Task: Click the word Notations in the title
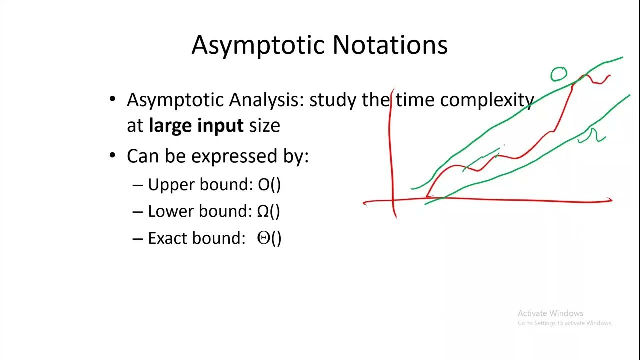click(390, 45)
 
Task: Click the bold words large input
click(196, 125)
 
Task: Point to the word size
click(264, 125)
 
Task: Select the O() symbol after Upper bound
click(269, 185)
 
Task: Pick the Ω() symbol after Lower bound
click(268, 211)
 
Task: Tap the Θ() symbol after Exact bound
click(269, 238)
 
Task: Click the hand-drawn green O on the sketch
click(559, 74)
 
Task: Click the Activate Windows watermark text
click(550, 313)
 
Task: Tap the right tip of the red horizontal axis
click(610, 200)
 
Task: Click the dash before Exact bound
click(138, 238)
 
